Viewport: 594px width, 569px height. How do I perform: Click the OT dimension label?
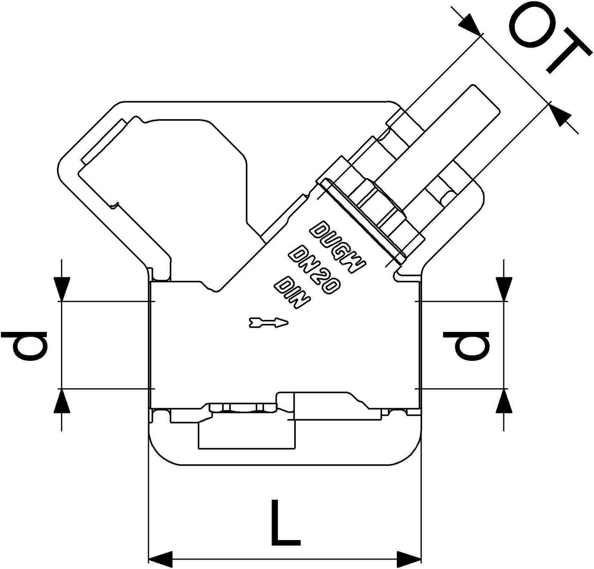(x=548, y=40)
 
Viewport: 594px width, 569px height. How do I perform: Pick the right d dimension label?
(x=466, y=346)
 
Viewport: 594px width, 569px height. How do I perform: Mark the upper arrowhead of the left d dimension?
(x=62, y=289)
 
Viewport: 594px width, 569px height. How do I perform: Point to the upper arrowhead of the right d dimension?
(x=504, y=289)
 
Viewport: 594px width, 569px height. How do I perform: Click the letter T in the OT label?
(x=567, y=55)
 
